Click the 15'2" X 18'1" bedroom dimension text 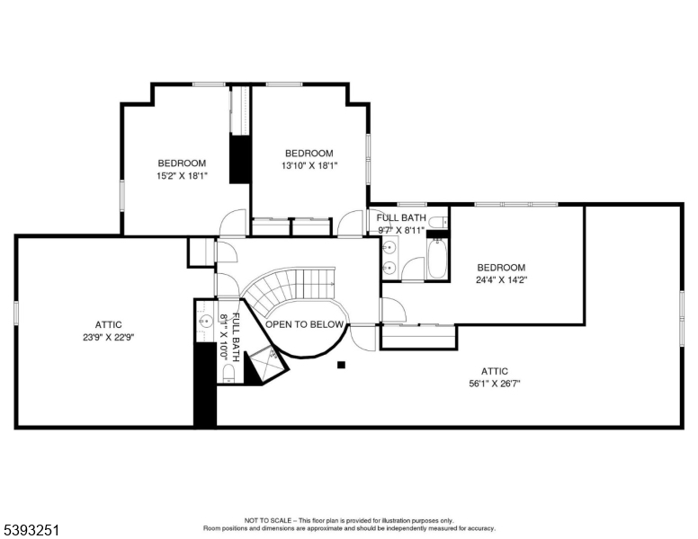(182, 176)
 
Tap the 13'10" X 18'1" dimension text (309, 165)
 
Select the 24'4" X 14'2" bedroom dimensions (501, 279)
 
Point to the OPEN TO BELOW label (305, 324)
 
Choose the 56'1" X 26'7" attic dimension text (494, 384)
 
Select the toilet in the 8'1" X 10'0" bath (228, 373)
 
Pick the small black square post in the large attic (341, 365)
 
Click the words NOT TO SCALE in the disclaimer (264, 520)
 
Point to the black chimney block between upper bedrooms (240, 159)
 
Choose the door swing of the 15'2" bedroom (232, 222)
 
